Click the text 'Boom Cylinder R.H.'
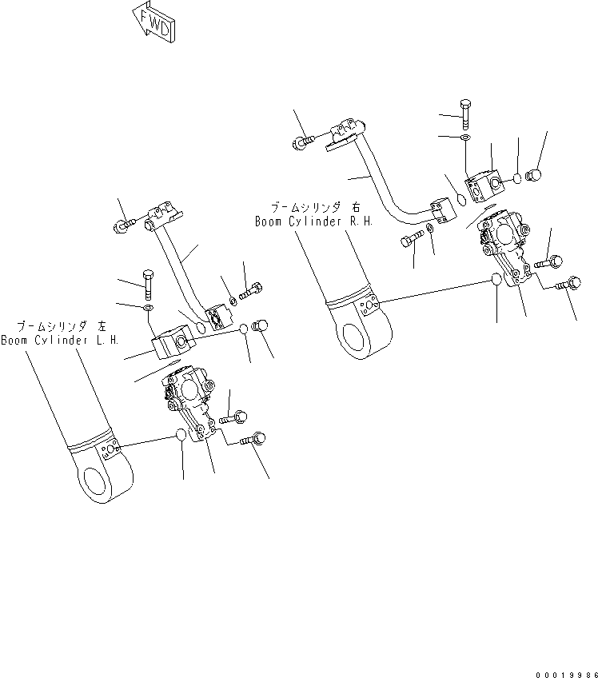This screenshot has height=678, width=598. [x=314, y=221]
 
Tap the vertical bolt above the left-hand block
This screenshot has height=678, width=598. [x=148, y=280]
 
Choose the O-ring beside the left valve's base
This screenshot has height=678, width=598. [x=182, y=436]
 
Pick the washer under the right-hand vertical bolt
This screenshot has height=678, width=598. [x=466, y=138]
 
